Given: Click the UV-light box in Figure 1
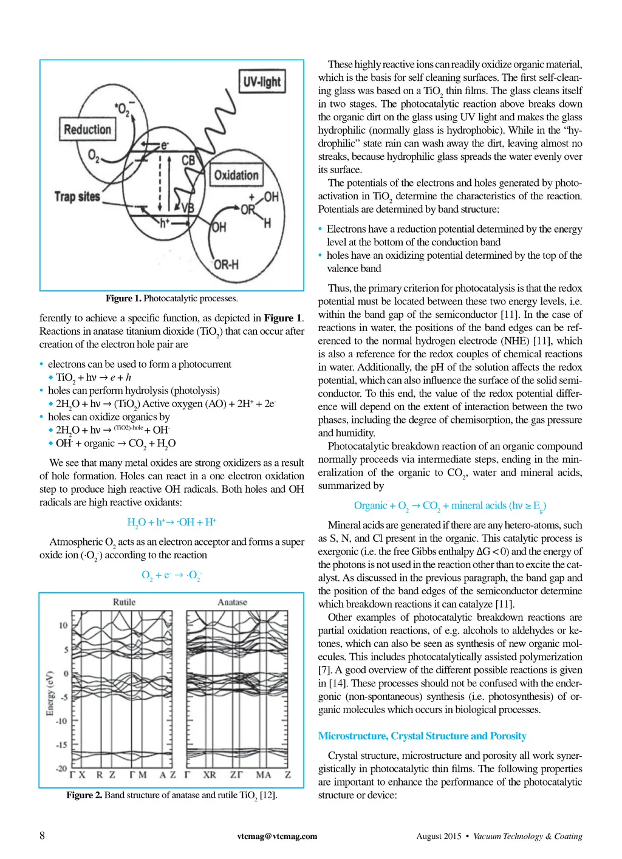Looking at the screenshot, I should pos(262,82).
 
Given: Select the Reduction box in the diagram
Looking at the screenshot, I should pos(87,129).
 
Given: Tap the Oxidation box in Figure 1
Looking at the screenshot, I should pos(236,176).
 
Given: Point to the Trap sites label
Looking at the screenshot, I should pos(77,196).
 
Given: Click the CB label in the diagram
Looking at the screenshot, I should pos(188,160).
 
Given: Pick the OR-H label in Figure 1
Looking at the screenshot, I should pos(226,264).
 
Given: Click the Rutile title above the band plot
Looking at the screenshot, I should pos(124,602).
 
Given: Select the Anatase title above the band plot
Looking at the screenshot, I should pos(232,602).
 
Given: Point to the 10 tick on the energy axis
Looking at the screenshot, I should pos(63,625).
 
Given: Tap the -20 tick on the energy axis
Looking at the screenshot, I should pos(61,768).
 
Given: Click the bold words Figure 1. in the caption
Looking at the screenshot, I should pos(123,298).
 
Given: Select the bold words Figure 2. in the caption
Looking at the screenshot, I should pos(84,795).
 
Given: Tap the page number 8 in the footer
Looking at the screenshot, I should pos(42,835).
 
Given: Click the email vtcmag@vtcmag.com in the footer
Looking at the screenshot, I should pos(277,836).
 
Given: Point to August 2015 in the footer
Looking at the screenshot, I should pos(439,836).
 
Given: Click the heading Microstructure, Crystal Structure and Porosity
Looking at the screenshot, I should pos(422,736).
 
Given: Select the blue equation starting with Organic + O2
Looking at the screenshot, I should pos(449,505).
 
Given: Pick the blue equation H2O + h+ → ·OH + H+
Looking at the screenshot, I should pos(172,522).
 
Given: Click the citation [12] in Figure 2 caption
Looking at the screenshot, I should pos(268,795).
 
